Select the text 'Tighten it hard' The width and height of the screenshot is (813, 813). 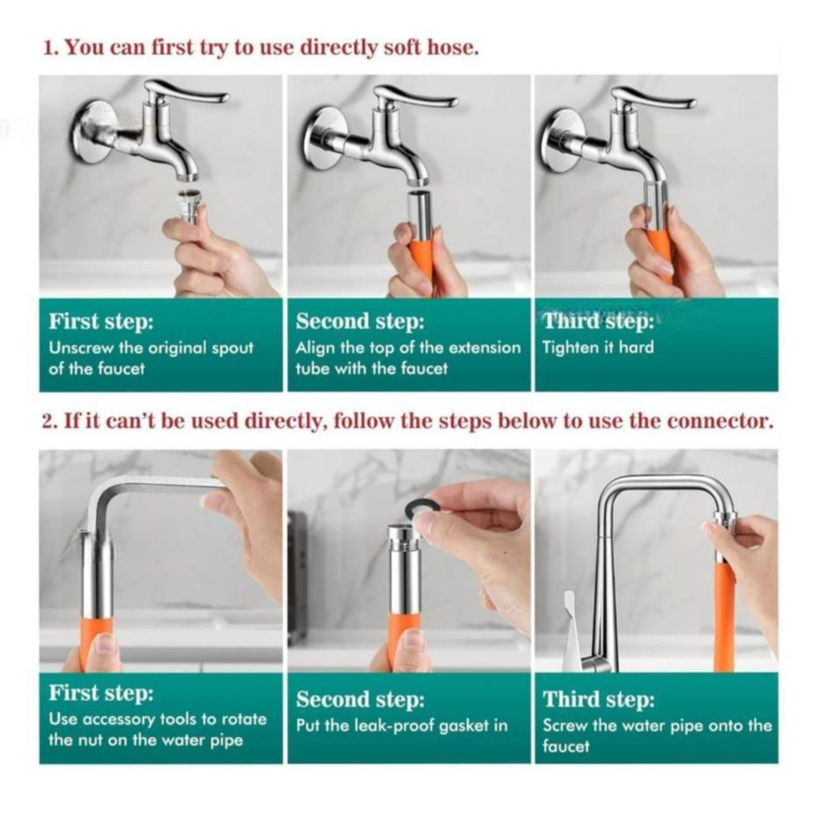click(598, 347)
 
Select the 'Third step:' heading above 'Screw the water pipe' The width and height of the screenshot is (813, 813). click(599, 699)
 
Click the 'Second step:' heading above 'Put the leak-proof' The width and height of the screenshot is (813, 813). click(360, 699)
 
